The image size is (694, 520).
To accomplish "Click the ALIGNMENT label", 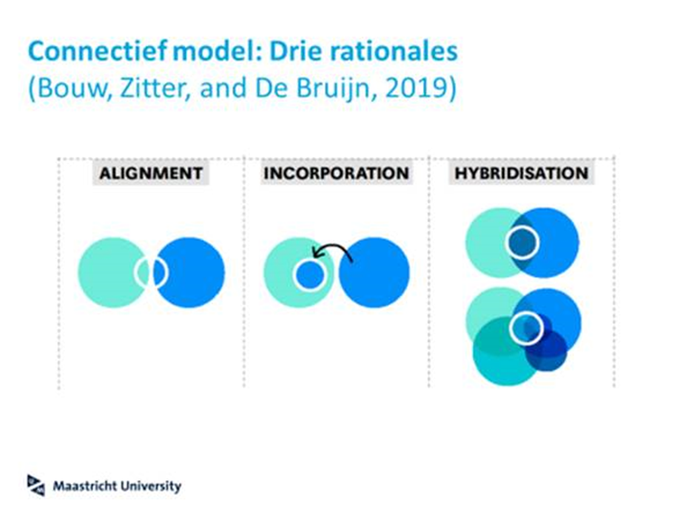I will (x=151, y=174).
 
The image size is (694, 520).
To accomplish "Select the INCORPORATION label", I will (x=335, y=174).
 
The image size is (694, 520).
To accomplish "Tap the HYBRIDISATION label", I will (x=521, y=174).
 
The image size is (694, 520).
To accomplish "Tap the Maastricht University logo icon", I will (x=36, y=484).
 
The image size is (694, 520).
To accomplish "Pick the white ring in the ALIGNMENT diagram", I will (x=151, y=273).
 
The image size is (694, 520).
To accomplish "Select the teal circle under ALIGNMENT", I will (x=107, y=272).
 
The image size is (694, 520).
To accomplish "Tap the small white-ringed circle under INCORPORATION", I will (x=309, y=275).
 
